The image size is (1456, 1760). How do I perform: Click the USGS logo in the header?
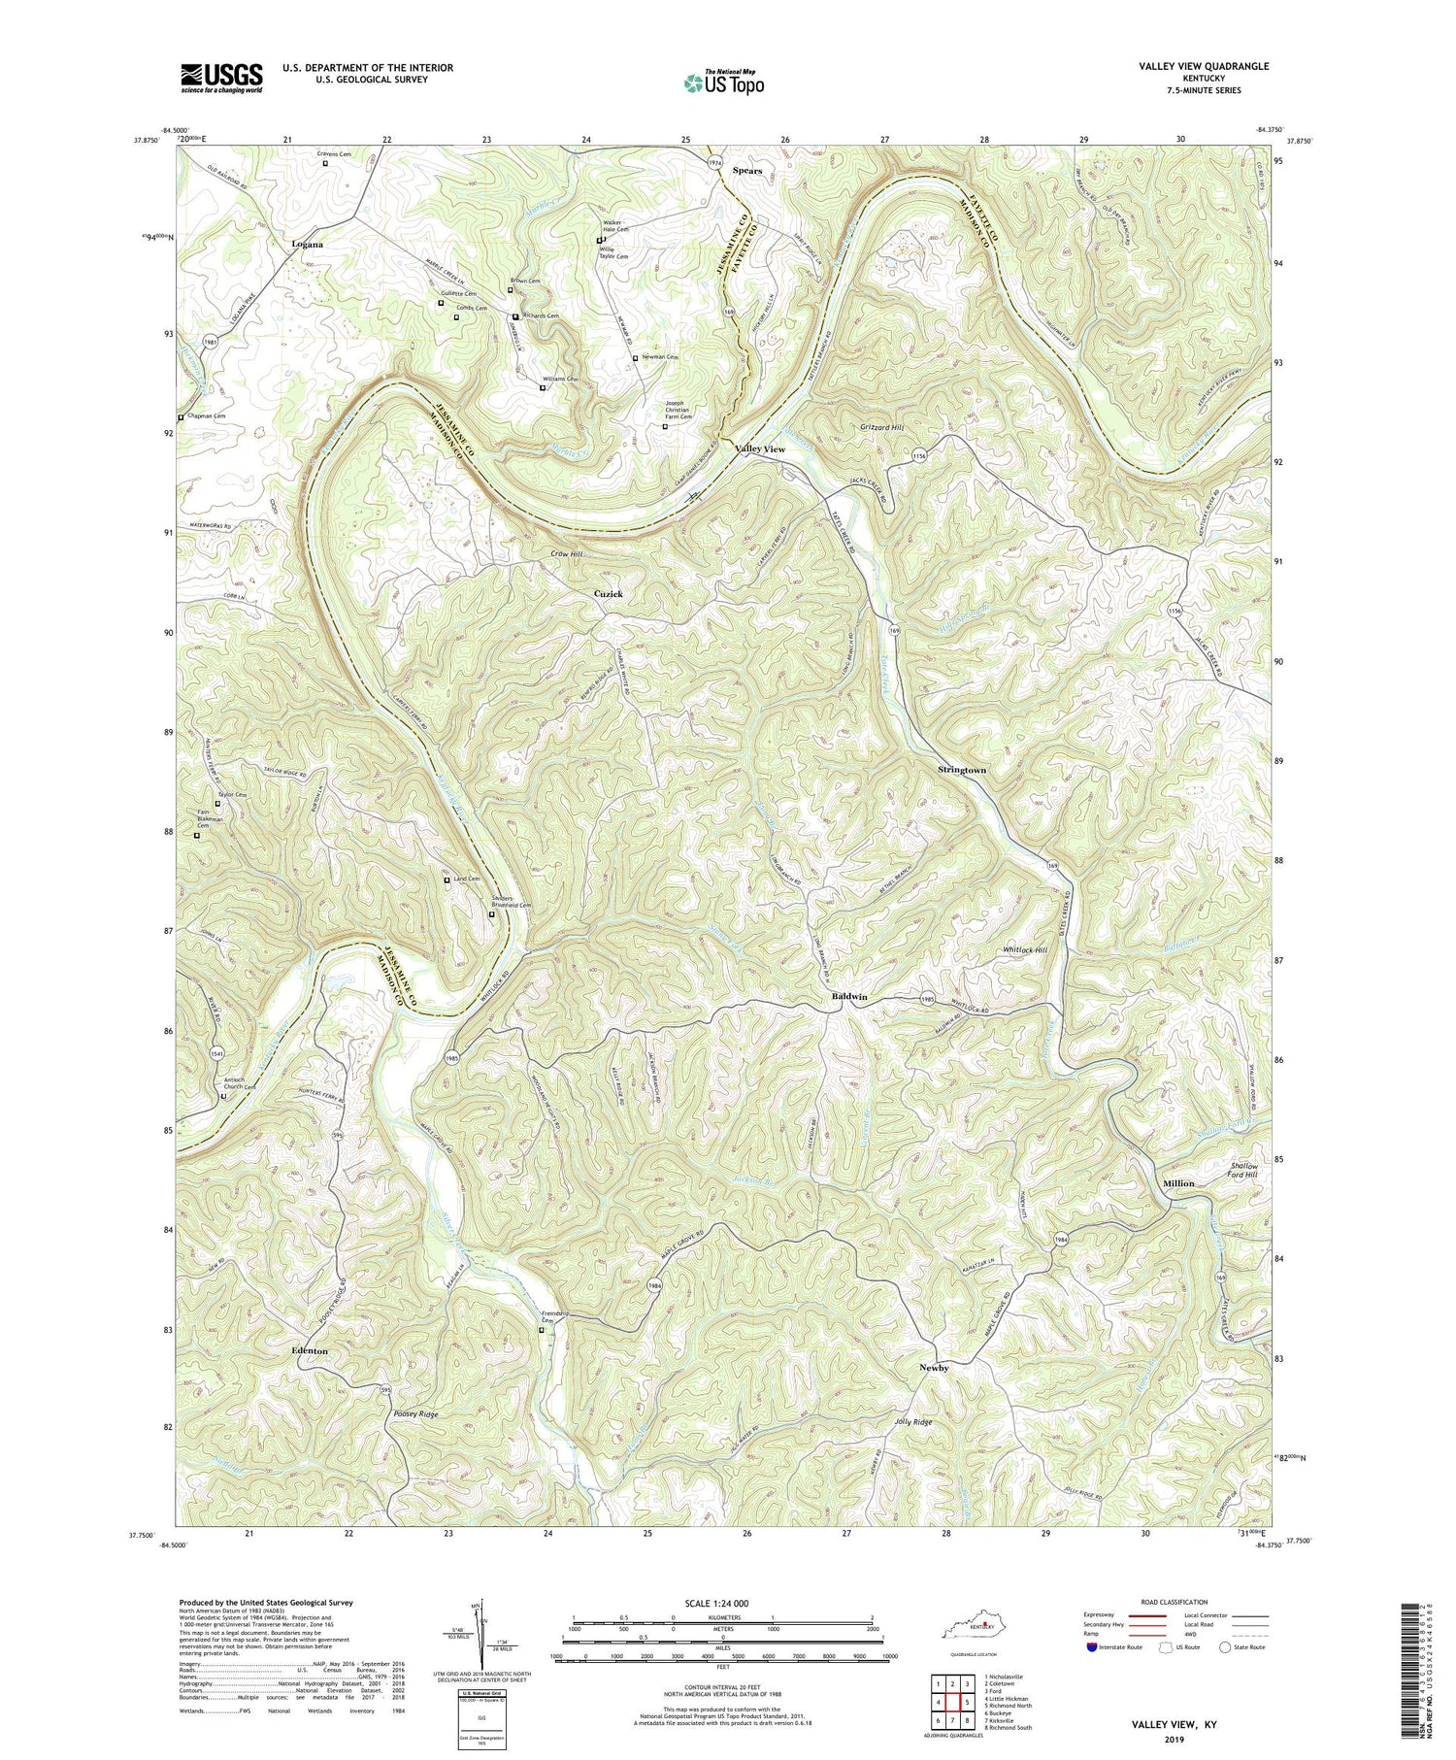point(221,77)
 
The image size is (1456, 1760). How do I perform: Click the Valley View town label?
point(760,449)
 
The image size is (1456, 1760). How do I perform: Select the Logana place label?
point(308,245)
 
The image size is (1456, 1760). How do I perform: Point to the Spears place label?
point(747,171)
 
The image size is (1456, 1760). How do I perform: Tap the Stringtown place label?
point(962,770)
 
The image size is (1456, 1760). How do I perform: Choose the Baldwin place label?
point(849,997)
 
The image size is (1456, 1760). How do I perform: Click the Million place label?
point(1178,1183)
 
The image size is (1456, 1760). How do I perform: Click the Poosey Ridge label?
point(416,1414)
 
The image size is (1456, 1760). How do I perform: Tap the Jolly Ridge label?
point(912,1421)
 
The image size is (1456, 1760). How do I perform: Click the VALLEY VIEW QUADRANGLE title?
point(1204,66)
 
